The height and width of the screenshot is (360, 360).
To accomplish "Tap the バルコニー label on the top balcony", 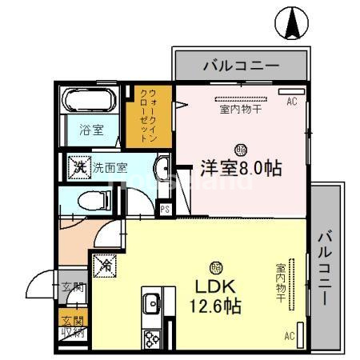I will tap(240, 65).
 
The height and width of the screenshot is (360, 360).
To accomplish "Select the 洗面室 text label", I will tap(110, 168).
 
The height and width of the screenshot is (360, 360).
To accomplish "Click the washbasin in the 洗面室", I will tap(162, 169).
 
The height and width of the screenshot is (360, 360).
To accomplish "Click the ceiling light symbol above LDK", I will tap(215, 268).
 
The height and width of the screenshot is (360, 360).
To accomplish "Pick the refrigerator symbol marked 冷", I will tap(105, 263).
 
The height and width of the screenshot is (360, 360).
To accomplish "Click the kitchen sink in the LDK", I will tap(150, 305).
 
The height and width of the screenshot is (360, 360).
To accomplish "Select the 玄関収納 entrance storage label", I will tap(71, 329).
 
